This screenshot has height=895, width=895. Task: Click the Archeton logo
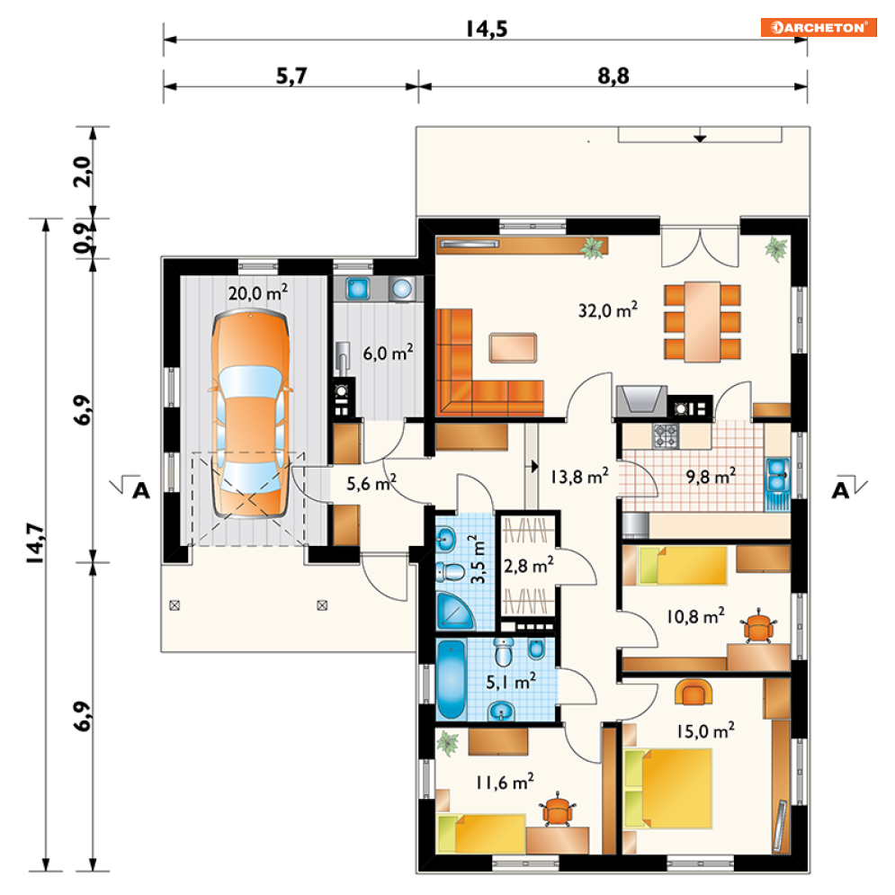point(818,27)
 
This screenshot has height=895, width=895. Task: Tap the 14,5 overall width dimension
point(487,29)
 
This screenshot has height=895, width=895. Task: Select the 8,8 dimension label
point(613,76)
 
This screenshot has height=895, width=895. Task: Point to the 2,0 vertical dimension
point(83,171)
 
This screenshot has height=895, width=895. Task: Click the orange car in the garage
point(251,414)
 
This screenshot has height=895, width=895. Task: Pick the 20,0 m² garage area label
point(258,292)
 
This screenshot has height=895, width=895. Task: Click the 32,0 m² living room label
point(608,310)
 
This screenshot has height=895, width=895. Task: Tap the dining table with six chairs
point(703,321)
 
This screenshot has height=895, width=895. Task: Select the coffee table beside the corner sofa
point(513,347)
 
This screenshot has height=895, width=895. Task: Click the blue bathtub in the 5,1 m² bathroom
point(451,680)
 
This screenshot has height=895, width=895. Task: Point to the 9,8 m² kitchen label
point(711,476)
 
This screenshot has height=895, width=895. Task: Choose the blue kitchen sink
point(777,475)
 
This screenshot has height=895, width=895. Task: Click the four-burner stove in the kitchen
point(666,435)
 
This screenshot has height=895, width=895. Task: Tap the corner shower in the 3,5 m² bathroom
point(453,612)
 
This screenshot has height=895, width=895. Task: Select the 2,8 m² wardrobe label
point(529,566)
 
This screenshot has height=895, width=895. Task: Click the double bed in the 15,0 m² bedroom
point(667,788)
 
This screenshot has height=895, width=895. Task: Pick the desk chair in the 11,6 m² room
point(557,810)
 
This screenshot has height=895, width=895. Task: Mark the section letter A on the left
point(140,490)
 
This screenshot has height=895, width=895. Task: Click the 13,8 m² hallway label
point(579,476)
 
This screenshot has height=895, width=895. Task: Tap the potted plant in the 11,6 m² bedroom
point(448,743)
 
